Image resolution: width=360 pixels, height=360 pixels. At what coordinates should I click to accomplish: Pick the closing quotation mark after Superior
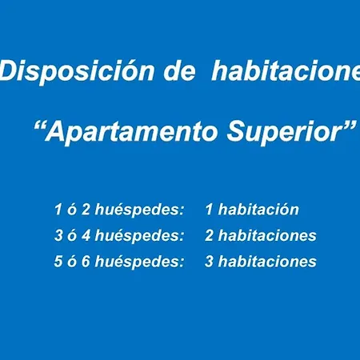[x=348, y=126]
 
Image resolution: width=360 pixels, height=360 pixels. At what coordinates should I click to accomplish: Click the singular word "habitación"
[x=258, y=210]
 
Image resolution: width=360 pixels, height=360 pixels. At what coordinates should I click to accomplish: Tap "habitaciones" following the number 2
[x=267, y=236]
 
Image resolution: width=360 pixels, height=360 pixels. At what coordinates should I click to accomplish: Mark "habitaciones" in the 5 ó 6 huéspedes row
[x=267, y=262]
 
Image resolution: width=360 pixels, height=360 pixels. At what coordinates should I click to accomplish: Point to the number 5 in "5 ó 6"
[x=59, y=262]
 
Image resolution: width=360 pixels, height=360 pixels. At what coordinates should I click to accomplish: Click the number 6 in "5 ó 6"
[x=92, y=262]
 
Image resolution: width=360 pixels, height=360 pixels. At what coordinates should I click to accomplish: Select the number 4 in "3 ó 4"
[x=92, y=236]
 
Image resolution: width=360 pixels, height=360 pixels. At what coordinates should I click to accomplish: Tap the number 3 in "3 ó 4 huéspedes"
[x=59, y=236]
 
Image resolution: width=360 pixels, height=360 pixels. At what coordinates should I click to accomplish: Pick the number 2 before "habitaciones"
[x=210, y=236]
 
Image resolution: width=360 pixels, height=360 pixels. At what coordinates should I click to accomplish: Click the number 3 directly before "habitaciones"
[x=210, y=262]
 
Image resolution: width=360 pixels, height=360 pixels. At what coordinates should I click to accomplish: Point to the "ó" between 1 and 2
[x=75, y=210]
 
